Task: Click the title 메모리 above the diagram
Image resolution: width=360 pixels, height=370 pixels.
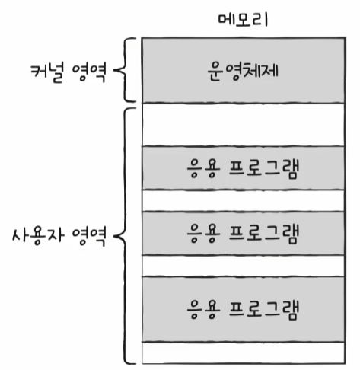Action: (243, 20)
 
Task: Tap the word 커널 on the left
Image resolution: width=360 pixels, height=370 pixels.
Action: (46, 72)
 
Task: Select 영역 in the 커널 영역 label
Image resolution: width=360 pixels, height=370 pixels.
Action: (89, 72)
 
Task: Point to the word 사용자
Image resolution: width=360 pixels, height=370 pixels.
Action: (38, 236)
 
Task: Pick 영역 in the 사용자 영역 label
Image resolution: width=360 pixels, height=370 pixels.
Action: (89, 236)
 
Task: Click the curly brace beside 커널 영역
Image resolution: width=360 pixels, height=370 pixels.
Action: (125, 70)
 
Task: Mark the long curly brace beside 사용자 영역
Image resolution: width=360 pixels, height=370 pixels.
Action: (125, 236)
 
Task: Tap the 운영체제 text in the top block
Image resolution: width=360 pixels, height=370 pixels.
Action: (243, 71)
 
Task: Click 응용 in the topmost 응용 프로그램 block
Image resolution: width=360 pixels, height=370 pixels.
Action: (203, 168)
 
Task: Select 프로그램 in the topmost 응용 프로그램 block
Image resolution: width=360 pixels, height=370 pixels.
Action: (264, 168)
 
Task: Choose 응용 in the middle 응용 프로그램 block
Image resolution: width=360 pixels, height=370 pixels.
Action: (203, 233)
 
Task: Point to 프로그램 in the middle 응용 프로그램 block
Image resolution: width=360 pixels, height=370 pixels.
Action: (264, 233)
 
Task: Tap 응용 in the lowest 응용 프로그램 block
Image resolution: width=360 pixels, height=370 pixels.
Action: (203, 309)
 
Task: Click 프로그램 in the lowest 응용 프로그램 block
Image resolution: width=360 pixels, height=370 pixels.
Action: (264, 309)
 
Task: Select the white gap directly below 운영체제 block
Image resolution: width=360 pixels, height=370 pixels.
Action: (244, 125)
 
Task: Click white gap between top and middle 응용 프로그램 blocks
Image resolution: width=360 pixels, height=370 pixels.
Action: (244, 200)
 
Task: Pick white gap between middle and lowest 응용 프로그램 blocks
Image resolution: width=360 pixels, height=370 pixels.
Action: (244, 266)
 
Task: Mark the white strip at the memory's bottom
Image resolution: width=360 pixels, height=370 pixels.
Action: (244, 353)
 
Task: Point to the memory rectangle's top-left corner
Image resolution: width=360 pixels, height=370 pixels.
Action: (142, 38)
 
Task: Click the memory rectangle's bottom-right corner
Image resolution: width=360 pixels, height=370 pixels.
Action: (345, 364)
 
